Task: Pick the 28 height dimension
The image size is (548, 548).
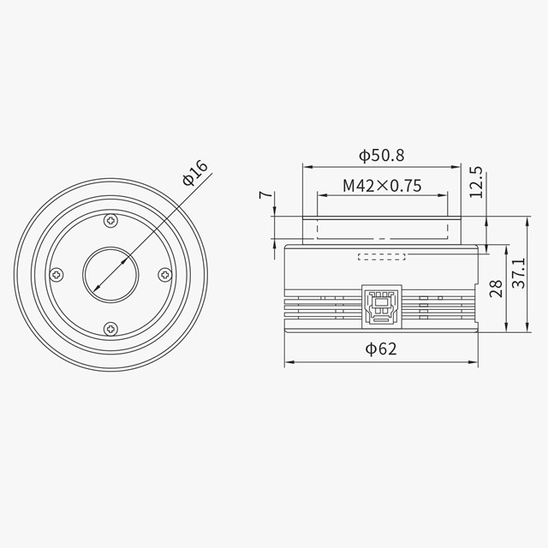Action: coord(495,289)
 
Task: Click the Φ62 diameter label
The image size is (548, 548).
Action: coord(380,348)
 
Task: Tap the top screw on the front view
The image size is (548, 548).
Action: coord(110,222)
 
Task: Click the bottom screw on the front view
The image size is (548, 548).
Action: coord(110,327)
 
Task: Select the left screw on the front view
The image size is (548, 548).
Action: coord(57,275)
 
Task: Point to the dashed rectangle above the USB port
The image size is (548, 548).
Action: coord(381,255)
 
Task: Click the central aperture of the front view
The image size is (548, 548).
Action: coord(110,275)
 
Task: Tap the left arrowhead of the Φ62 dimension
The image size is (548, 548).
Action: coord(287,362)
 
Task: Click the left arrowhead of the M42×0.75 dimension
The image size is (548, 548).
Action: coord(320,195)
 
